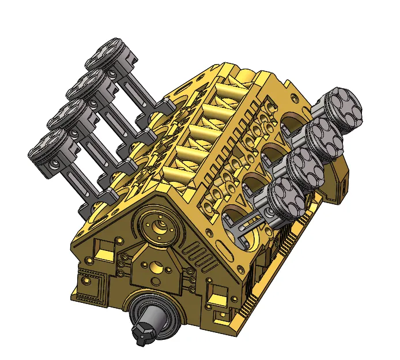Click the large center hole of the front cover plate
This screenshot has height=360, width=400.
pyautogui.click(x=157, y=267)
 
